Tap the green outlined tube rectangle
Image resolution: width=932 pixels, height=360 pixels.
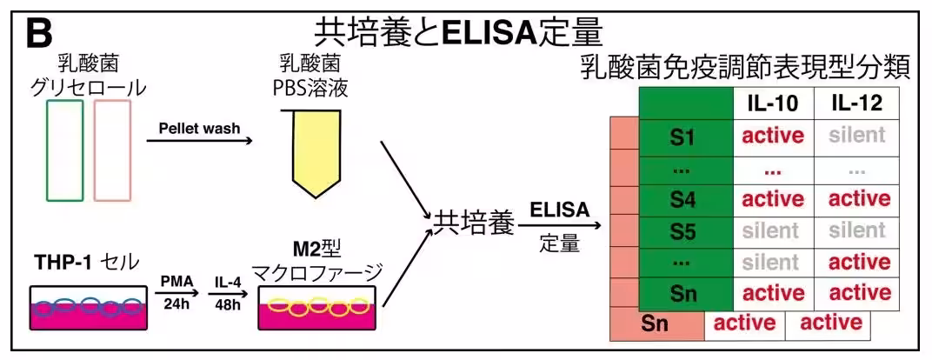tap(64, 150)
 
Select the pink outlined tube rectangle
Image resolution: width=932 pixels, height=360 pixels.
tap(112, 150)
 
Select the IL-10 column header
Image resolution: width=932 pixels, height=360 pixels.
tap(773, 103)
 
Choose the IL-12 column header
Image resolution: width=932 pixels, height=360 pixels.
tap(856, 103)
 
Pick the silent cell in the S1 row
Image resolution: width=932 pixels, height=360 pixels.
tap(856, 135)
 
